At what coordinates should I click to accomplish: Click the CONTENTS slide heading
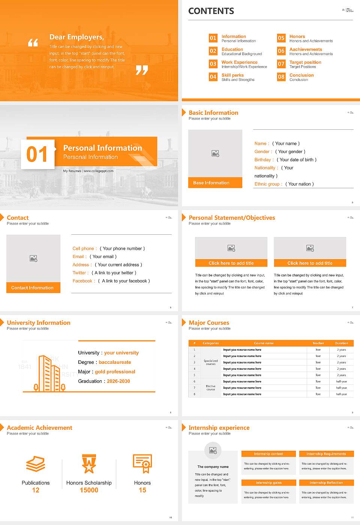point(211,11)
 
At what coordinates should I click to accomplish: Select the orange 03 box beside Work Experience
point(213,64)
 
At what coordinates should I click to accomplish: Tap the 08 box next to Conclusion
point(281,77)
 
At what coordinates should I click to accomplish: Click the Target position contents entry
point(305,62)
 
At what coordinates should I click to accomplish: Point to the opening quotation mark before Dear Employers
point(33,42)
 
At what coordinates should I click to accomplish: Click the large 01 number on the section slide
point(37,154)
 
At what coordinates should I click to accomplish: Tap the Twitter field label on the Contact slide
point(80,273)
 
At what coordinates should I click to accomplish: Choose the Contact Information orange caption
point(33,288)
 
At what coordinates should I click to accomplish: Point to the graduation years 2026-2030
point(118,381)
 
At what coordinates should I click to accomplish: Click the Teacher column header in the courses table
point(318,343)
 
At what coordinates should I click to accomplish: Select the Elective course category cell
point(211,388)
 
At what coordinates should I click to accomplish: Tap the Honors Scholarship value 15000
point(89,490)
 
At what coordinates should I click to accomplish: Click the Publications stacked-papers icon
point(36,464)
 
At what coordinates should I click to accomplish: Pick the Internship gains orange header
point(268,483)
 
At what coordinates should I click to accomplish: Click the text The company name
point(213,467)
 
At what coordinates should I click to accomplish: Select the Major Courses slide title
point(209,322)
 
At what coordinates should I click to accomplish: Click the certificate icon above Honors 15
point(142,463)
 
